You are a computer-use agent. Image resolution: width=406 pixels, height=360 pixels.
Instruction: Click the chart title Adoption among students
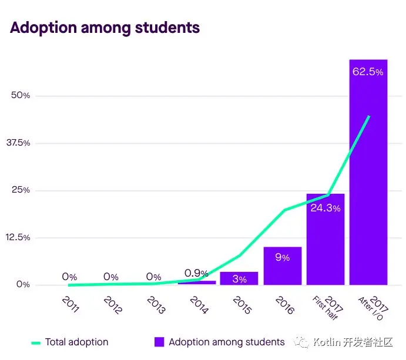pyautogui.click(x=105, y=28)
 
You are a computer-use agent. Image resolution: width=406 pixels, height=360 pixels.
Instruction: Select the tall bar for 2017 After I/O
pyautogui.click(x=368, y=176)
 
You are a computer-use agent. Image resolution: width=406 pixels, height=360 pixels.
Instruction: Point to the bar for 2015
pyautogui.click(x=239, y=278)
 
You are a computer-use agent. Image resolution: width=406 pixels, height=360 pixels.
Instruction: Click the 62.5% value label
pyautogui.click(x=368, y=72)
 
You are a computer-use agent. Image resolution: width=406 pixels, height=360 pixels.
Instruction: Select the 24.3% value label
pyautogui.click(x=325, y=207)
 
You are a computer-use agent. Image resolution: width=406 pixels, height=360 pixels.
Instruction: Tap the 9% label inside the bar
pyautogui.click(x=282, y=257)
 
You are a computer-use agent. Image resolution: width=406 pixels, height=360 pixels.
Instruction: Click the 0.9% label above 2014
pyautogui.click(x=196, y=273)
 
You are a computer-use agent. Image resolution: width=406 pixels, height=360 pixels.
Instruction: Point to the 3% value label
pyautogui.click(x=239, y=280)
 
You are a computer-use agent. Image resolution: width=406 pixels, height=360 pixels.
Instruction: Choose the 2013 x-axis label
pyautogui.click(x=156, y=304)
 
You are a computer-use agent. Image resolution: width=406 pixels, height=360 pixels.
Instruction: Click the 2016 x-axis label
pyautogui.click(x=285, y=304)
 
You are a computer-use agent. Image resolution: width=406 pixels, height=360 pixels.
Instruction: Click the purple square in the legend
pyautogui.click(x=159, y=342)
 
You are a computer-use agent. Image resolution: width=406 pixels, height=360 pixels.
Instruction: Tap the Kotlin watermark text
pyautogui.click(x=353, y=342)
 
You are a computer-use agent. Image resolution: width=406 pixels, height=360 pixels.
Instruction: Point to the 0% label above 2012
pyautogui.click(x=111, y=277)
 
